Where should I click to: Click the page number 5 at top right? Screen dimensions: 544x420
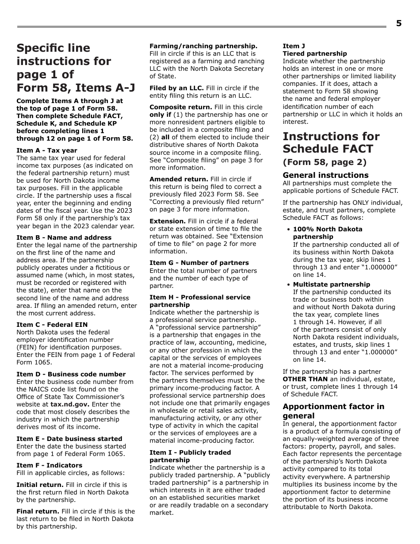[398, 23]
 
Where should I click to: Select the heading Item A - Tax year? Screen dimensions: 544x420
[47, 150]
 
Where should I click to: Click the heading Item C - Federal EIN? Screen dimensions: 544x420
[52, 325]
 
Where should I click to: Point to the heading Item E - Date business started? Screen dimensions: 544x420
[69, 439]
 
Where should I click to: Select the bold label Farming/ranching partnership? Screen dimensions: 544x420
[203, 46]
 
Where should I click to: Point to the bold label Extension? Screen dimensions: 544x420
[168, 221]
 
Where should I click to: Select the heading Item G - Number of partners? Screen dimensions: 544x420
[199, 263]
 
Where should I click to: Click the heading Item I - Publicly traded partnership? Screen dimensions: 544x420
[190, 456]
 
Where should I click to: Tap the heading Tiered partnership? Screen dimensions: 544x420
[315, 54]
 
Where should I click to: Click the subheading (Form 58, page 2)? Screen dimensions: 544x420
[325, 162]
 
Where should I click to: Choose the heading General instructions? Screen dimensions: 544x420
[325, 175]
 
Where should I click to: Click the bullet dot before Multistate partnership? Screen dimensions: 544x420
[288, 284]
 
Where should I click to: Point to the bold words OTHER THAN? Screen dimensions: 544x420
[305, 379]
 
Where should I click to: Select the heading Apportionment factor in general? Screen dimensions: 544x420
[333, 411]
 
